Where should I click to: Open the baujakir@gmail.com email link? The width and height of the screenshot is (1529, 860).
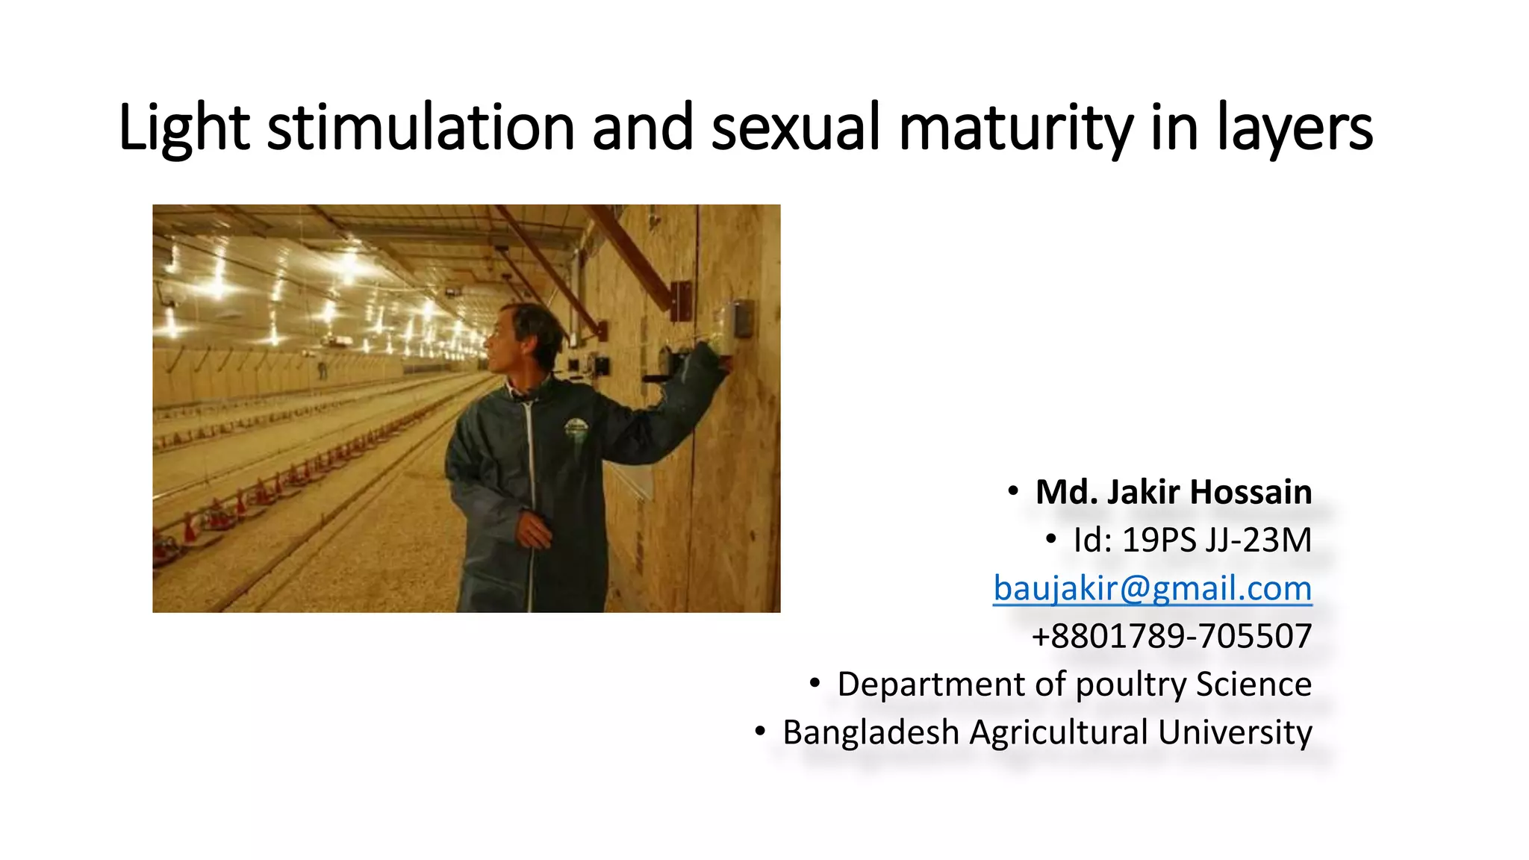1152,588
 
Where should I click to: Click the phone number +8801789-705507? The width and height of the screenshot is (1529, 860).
1171,636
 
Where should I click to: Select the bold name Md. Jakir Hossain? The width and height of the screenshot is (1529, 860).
1173,493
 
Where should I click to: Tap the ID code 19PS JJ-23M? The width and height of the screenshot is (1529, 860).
1216,540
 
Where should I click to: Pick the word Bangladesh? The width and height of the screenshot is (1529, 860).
871,732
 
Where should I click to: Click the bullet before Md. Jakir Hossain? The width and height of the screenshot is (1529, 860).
1012,491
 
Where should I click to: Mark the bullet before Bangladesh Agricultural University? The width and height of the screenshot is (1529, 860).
759,731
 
